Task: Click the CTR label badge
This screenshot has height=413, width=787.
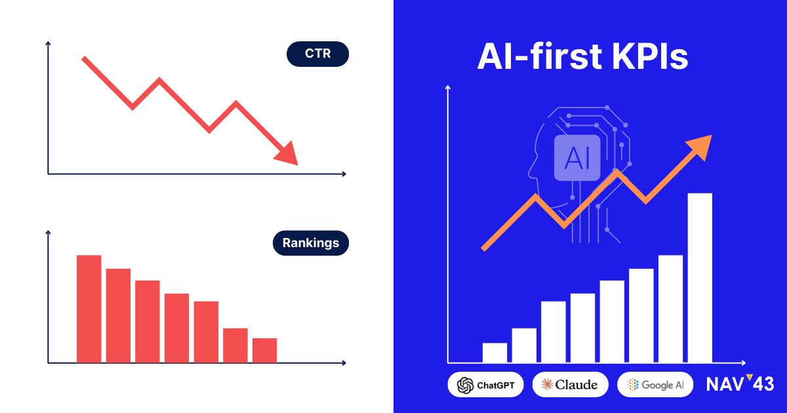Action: [x=317, y=54]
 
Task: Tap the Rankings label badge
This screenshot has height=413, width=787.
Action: [x=311, y=243]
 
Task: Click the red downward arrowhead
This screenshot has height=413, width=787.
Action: [x=287, y=154]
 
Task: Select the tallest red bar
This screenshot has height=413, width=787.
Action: [x=89, y=309]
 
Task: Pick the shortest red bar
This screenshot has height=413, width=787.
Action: [x=264, y=350]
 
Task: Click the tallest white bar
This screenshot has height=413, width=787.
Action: [x=700, y=278]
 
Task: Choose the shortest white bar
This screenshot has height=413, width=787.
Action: [x=494, y=353]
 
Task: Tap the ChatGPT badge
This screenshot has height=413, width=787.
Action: [x=485, y=385]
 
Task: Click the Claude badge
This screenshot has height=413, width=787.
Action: [x=570, y=385]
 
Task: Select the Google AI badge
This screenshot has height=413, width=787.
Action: [x=655, y=385]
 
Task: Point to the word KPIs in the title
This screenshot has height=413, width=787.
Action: [x=650, y=56]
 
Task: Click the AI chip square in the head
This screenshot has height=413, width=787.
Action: [x=577, y=158]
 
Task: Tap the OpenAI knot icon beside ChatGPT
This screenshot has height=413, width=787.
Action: [x=465, y=385]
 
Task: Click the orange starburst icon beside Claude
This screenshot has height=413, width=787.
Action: [x=547, y=385]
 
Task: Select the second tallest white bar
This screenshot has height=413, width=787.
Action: [x=670, y=309]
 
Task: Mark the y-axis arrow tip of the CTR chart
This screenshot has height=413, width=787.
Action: [x=48, y=42]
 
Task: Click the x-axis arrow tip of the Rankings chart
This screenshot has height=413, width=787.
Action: [x=346, y=363]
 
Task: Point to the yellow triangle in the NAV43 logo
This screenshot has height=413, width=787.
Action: [x=750, y=377]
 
